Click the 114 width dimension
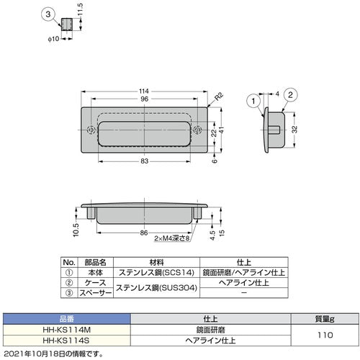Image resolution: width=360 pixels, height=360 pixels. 145,91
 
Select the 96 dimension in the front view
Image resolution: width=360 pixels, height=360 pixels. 145,99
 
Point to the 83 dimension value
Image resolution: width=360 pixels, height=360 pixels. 145,162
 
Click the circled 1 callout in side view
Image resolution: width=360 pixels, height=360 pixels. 253,103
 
